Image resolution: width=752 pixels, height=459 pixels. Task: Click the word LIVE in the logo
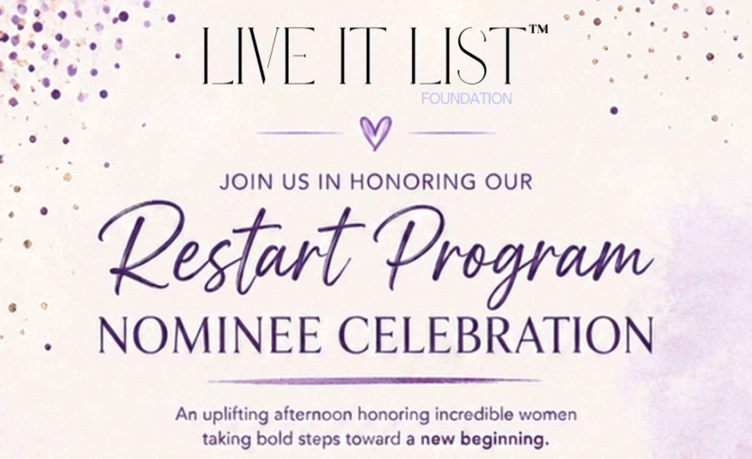coord(259,55)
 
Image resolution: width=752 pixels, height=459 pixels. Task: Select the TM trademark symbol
coord(539,29)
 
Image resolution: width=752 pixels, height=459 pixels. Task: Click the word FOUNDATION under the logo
coord(467,99)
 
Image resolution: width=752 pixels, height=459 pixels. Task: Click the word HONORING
coord(413,182)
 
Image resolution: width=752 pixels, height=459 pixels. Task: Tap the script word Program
coord(514,255)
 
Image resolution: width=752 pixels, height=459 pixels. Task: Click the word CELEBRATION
coord(497,335)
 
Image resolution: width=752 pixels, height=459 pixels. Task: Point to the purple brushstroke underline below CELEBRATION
coord(375,381)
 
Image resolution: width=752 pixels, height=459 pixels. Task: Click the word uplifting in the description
coord(236,415)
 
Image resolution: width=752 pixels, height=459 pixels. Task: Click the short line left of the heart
coord(299,133)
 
